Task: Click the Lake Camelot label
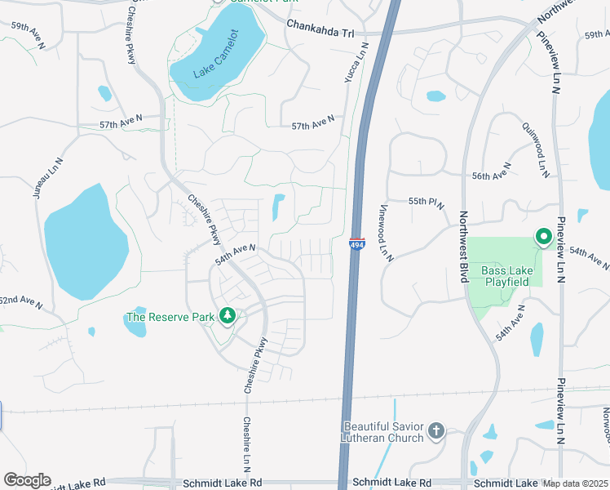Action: pyautogui.click(x=216, y=55)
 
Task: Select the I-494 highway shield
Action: pyautogui.click(x=357, y=243)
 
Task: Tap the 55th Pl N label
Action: pyautogui.click(x=426, y=203)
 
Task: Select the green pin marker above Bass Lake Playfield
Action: pyautogui.click(x=544, y=237)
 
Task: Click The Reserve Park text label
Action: pyautogui.click(x=170, y=316)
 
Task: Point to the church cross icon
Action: pyautogui.click(x=437, y=430)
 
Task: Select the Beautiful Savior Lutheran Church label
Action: pyautogui.click(x=383, y=432)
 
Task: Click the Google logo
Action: pyautogui.click(x=27, y=479)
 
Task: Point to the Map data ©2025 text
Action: pyautogui.click(x=575, y=483)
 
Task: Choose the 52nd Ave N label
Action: pyautogui.click(x=20, y=301)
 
